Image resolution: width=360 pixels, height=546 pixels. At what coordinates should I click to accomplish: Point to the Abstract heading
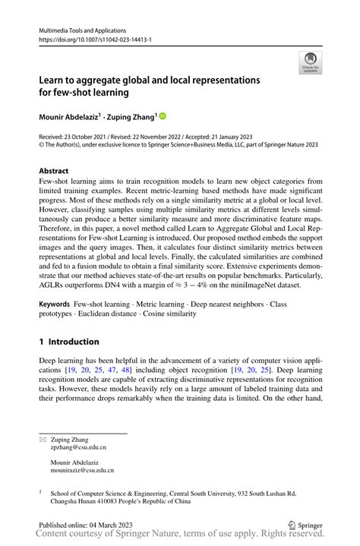click(53, 171)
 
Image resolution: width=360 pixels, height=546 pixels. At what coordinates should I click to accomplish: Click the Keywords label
click(55, 303)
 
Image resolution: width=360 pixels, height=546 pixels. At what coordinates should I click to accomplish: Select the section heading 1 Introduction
click(69, 342)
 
